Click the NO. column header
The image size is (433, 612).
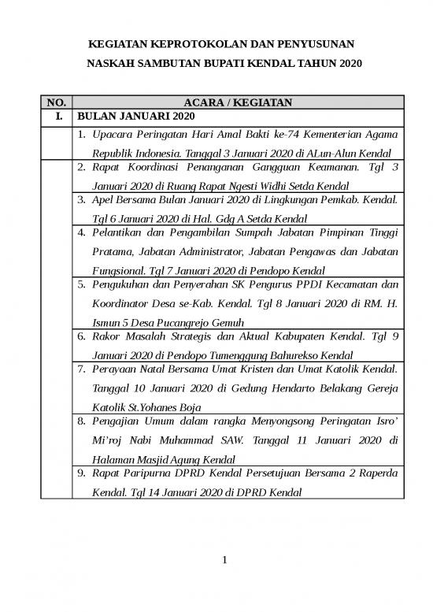57,102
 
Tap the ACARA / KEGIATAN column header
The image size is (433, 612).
238,102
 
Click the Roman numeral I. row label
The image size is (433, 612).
57,117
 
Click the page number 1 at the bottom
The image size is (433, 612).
224,561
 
